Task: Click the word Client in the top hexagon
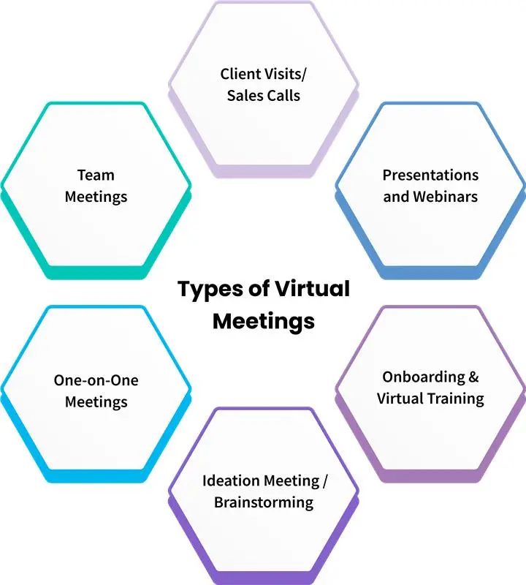(239, 74)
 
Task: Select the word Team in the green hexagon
(96, 175)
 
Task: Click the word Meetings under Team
(96, 197)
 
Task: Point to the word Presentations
(431, 175)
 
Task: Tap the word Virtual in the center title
(311, 289)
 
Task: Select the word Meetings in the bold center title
(264, 321)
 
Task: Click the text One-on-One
(96, 380)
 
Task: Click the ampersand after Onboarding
(473, 377)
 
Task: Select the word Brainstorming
(264, 503)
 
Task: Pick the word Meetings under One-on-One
(96, 402)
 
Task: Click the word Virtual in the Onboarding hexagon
(400, 399)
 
